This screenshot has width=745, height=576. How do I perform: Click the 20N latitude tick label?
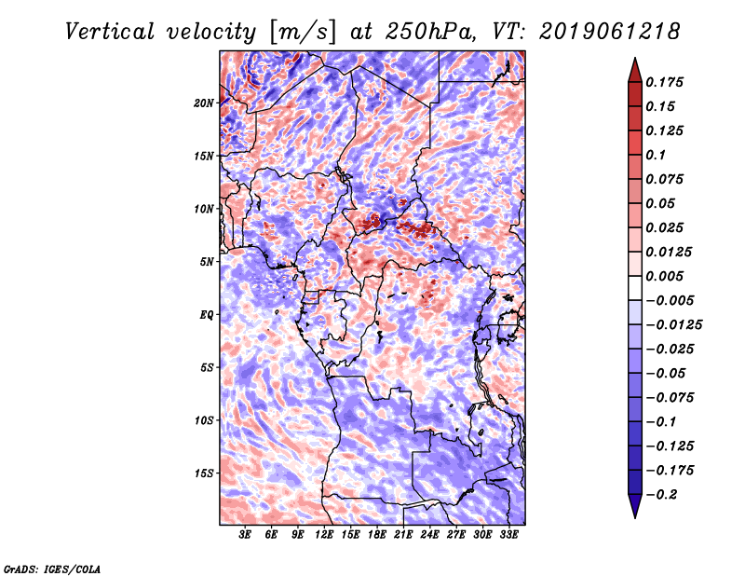pos(204,103)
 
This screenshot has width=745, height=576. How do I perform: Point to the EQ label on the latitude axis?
pos(206,314)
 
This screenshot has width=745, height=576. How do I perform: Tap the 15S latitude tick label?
pos(204,473)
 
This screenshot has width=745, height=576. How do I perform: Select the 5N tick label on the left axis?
pos(206,261)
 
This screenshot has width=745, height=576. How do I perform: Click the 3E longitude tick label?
pos(246,536)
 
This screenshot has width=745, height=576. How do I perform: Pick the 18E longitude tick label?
pos(377,536)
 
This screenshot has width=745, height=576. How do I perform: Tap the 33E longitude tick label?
pos(508,536)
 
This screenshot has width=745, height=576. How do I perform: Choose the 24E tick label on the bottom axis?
pos(429,536)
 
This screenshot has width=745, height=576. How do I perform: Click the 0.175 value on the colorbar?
pos(666,83)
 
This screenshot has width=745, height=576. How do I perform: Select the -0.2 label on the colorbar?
pos(662,495)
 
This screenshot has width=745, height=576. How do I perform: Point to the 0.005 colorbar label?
pos(666,277)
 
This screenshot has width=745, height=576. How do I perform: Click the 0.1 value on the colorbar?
pos(656,156)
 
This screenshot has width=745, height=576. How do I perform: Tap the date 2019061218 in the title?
pos(603,31)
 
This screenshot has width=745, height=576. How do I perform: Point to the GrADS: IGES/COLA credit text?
pos(51,568)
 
